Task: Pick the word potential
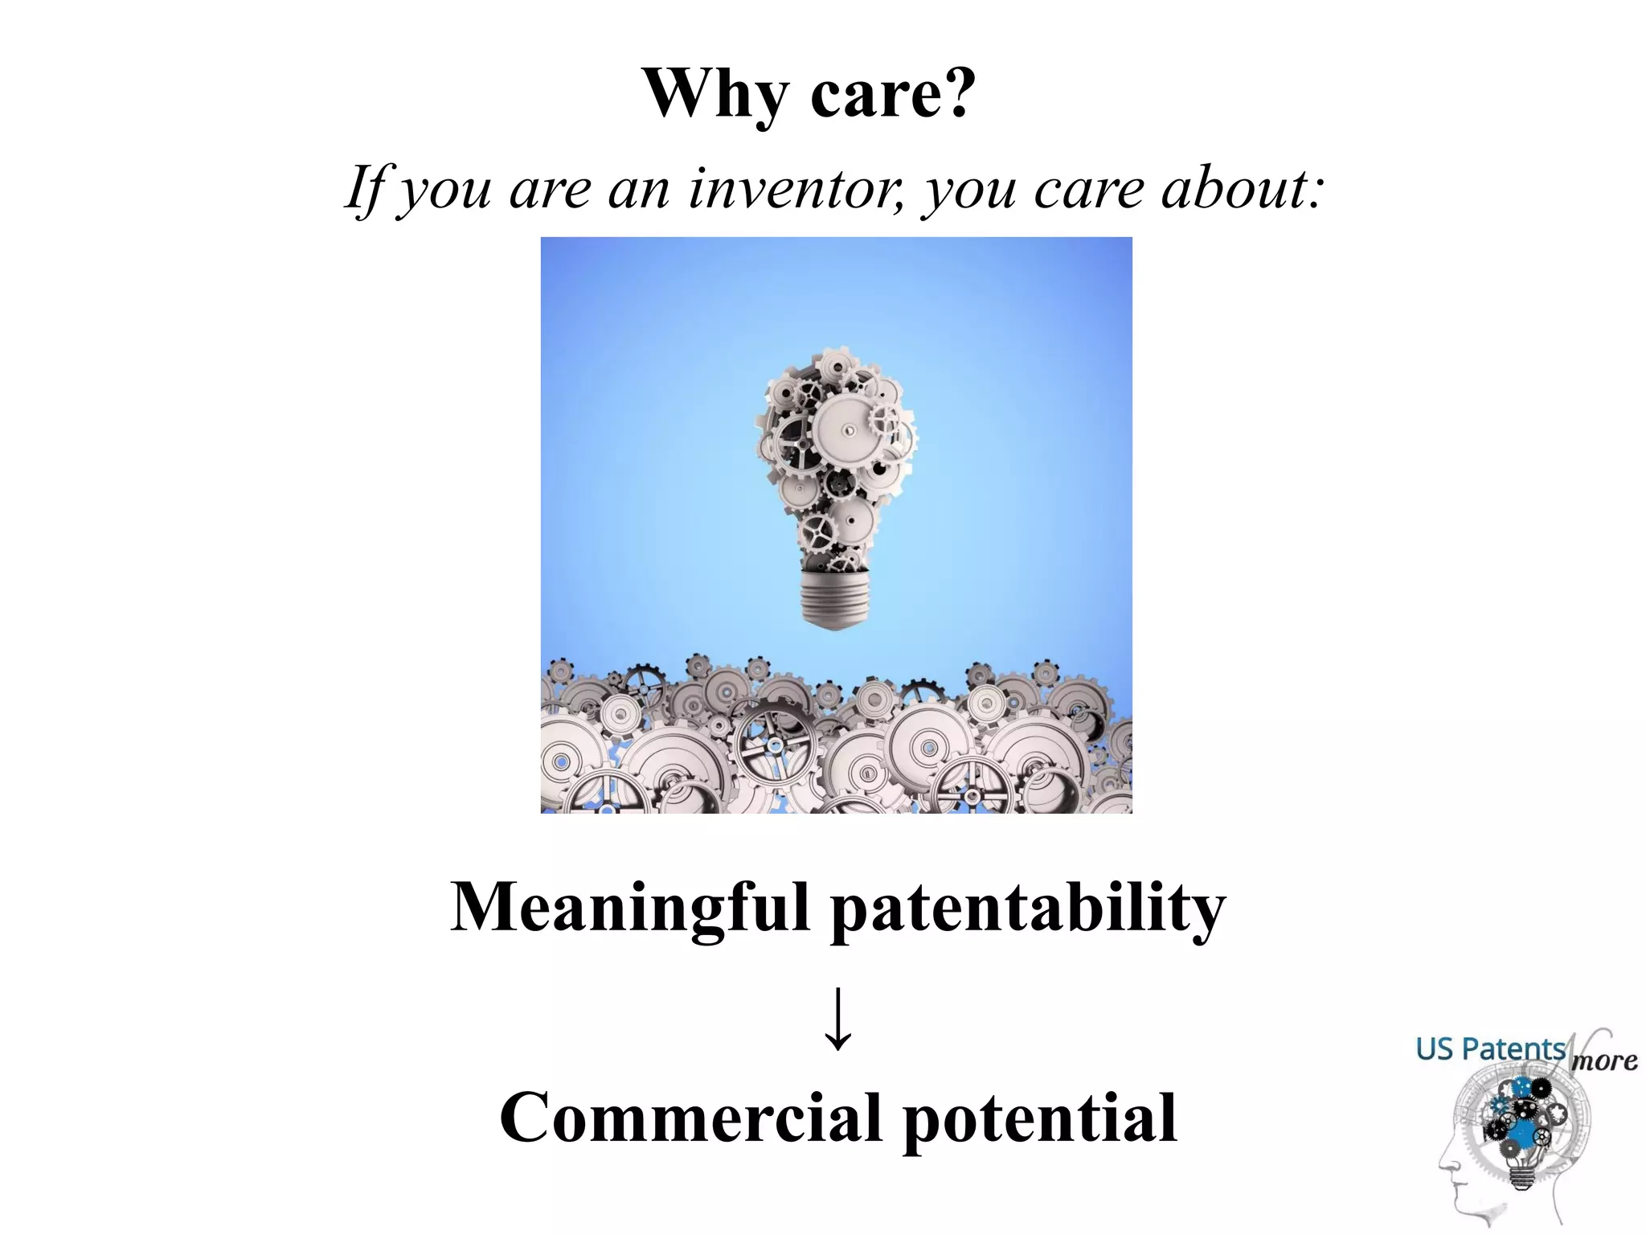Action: click(1040, 1118)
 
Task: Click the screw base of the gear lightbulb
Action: click(836, 599)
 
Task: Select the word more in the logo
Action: click(1603, 1061)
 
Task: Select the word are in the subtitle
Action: click(551, 189)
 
